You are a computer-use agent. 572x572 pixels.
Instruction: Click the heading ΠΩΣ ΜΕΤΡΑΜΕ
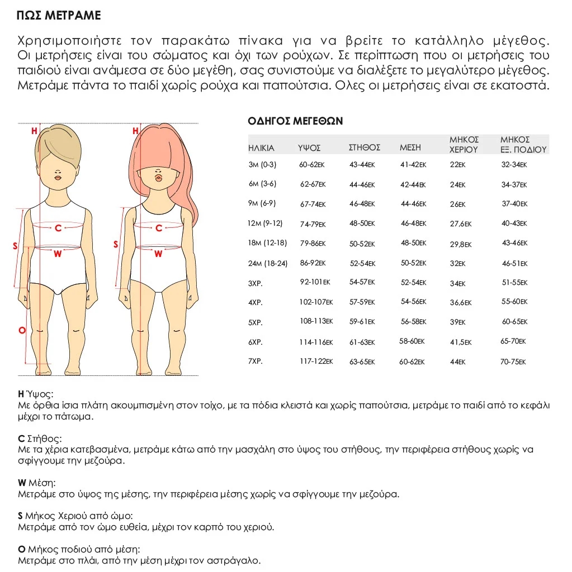[59, 15]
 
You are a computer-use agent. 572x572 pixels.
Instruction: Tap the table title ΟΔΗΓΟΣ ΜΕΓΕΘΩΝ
[295, 121]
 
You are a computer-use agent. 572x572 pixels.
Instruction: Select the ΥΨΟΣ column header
[309, 148]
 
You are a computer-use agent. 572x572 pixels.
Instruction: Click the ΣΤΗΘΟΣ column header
[364, 147]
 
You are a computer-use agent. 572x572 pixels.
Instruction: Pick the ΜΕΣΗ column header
[410, 147]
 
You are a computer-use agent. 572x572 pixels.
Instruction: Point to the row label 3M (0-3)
[262, 165]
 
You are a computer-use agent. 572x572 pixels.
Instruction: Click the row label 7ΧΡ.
[256, 361]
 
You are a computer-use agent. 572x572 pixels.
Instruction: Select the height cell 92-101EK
[315, 283]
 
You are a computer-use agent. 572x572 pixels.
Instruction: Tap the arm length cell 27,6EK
[461, 223]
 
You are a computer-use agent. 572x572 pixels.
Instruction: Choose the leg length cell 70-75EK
[513, 362]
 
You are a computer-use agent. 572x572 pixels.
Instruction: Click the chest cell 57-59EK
[362, 302]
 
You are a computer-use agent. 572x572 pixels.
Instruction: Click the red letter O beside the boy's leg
[22, 331]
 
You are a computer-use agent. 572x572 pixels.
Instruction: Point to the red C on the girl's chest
[159, 228]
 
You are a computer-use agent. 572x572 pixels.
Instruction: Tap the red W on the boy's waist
[58, 254]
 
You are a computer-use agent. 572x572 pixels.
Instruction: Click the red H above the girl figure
[135, 131]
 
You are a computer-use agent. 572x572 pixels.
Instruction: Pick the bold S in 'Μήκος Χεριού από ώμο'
[20, 516]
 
